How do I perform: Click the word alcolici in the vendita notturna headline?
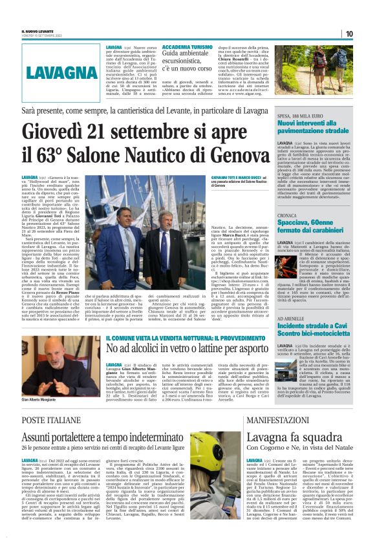point(142,350)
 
